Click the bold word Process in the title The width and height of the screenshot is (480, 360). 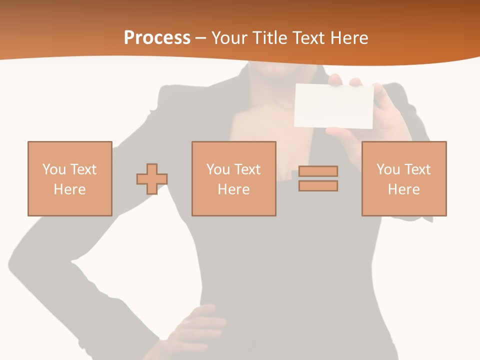coord(157,38)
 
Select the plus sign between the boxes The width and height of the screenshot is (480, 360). coord(152,179)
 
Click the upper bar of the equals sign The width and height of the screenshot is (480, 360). coord(318,171)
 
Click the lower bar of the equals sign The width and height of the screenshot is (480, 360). coord(318,186)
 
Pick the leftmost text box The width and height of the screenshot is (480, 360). coord(70,178)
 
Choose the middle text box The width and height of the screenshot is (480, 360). coord(233,178)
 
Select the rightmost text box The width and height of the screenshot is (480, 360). coord(403,178)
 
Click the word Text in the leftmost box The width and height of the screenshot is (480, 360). coord(83,169)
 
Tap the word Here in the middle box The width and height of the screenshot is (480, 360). coord(233,189)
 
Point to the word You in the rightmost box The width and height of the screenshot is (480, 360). coord(388,169)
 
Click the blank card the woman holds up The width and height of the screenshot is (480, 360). coord(334,105)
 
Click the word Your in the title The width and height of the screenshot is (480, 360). coord(229,38)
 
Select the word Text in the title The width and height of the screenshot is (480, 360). coord(308,38)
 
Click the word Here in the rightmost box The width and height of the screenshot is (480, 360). coord(403,189)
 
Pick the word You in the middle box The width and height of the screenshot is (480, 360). coord(218,169)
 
